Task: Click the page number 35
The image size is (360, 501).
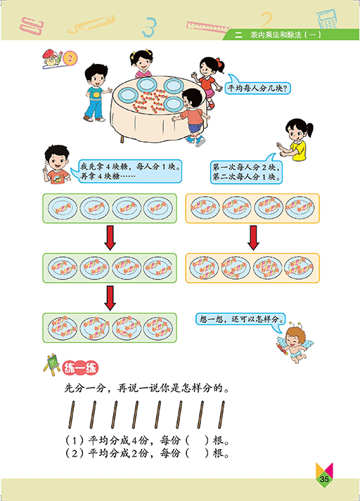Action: tap(324, 479)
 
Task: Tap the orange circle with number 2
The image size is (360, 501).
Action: tap(70, 58)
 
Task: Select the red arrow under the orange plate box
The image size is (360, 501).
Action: tap(253, 238)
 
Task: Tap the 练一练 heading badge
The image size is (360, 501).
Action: tap(80, 368)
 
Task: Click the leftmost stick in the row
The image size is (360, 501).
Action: tap(71, 415)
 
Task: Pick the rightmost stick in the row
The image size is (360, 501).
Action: tap(221, 415)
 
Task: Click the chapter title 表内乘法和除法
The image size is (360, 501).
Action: tap(276, 34)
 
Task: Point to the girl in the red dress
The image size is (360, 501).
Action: tap(208, 81)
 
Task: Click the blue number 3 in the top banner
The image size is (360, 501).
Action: tap(149, 27)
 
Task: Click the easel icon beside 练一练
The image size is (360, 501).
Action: tap(51, 365)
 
